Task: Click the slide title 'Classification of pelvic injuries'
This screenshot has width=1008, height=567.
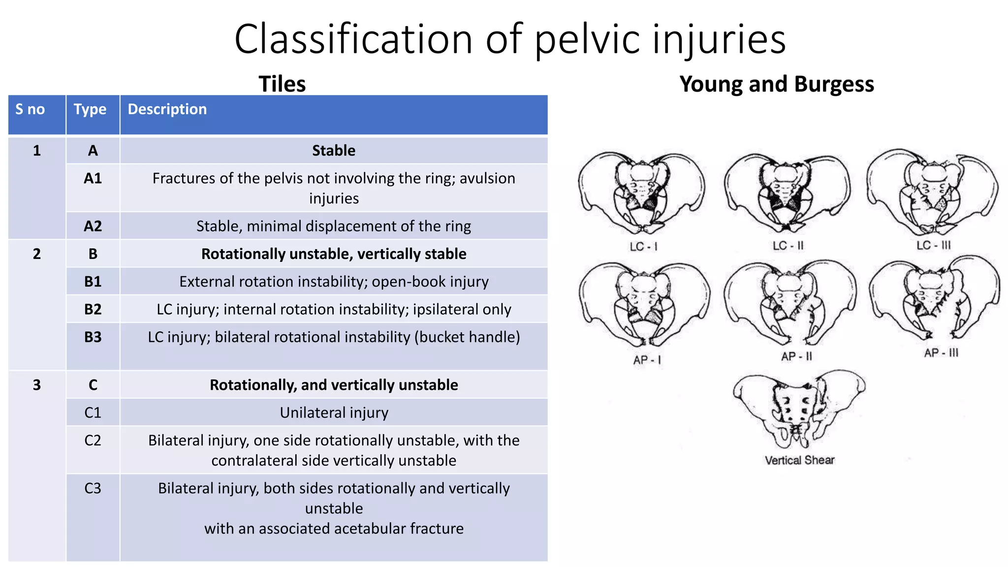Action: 510,39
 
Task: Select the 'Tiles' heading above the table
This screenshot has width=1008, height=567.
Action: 282,84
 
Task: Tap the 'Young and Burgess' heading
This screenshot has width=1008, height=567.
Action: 776,84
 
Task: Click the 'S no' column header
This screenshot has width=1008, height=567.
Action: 30,109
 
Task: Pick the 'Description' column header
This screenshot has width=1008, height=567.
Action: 167,109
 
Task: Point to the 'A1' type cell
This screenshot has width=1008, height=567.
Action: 93,178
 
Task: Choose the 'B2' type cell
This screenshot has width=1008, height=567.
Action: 93,309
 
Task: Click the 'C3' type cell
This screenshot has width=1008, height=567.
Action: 93,488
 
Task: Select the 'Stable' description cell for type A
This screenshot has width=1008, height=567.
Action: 334,151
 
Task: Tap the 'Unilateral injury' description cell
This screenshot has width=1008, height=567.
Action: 334,412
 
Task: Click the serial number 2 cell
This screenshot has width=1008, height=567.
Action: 37,254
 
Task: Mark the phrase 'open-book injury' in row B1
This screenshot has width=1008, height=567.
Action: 430,282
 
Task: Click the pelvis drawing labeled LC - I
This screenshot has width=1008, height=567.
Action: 641,193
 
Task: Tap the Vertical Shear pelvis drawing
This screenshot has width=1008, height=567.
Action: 798,409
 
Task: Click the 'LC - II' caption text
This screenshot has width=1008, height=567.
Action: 787,246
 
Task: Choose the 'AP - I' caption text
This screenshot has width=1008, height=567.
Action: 647,360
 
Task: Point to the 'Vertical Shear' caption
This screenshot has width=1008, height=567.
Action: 799,460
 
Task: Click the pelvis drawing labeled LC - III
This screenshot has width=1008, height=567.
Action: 932,192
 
